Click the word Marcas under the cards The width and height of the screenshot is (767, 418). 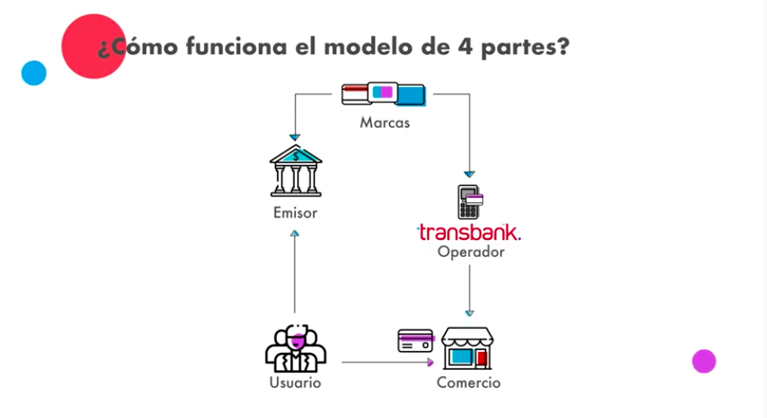(384, 122)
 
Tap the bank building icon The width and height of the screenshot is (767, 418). (296, 170)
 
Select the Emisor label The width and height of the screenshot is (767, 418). (295, 212)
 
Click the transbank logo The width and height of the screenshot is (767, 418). (469, 231)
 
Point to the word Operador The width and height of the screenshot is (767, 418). (470, 253)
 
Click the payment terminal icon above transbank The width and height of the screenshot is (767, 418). (470, 201)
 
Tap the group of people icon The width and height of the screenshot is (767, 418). (296, 346)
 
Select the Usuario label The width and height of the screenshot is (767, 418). (295, 383)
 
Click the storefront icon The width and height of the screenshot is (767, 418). (470, 348)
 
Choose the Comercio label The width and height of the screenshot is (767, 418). (468, 383)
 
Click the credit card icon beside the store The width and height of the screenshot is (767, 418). (416, 340)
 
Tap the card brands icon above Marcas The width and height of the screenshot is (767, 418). (384, 93)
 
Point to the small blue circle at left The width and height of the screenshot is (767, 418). (33, 73)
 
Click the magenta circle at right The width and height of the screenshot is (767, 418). (704, 361)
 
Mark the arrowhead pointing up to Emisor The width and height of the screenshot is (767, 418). (295, 233)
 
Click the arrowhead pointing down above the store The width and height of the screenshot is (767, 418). (470, 313)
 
